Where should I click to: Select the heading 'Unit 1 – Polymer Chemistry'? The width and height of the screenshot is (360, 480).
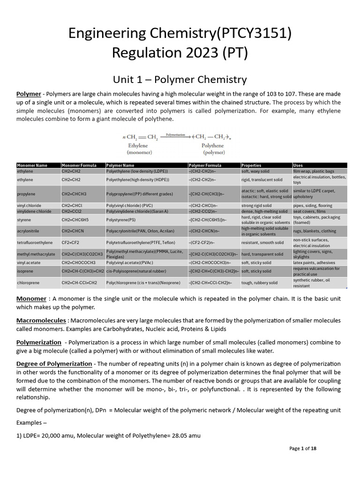point(180,79)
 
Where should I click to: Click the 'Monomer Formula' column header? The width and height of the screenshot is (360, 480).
point(79,165)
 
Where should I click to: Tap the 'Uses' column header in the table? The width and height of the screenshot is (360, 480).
point(298,165)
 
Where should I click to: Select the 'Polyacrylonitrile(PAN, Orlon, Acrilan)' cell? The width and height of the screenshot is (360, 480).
point(140,231)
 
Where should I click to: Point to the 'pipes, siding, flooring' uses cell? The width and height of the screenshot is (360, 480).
point(313,205)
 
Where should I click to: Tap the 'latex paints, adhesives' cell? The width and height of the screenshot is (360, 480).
point(314,263)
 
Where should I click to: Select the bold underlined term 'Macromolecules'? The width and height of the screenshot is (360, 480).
point(41,320)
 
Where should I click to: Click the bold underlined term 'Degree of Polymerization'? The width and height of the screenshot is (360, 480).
point(54,364)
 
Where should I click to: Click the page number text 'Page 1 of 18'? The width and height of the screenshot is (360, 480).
point(303,449)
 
